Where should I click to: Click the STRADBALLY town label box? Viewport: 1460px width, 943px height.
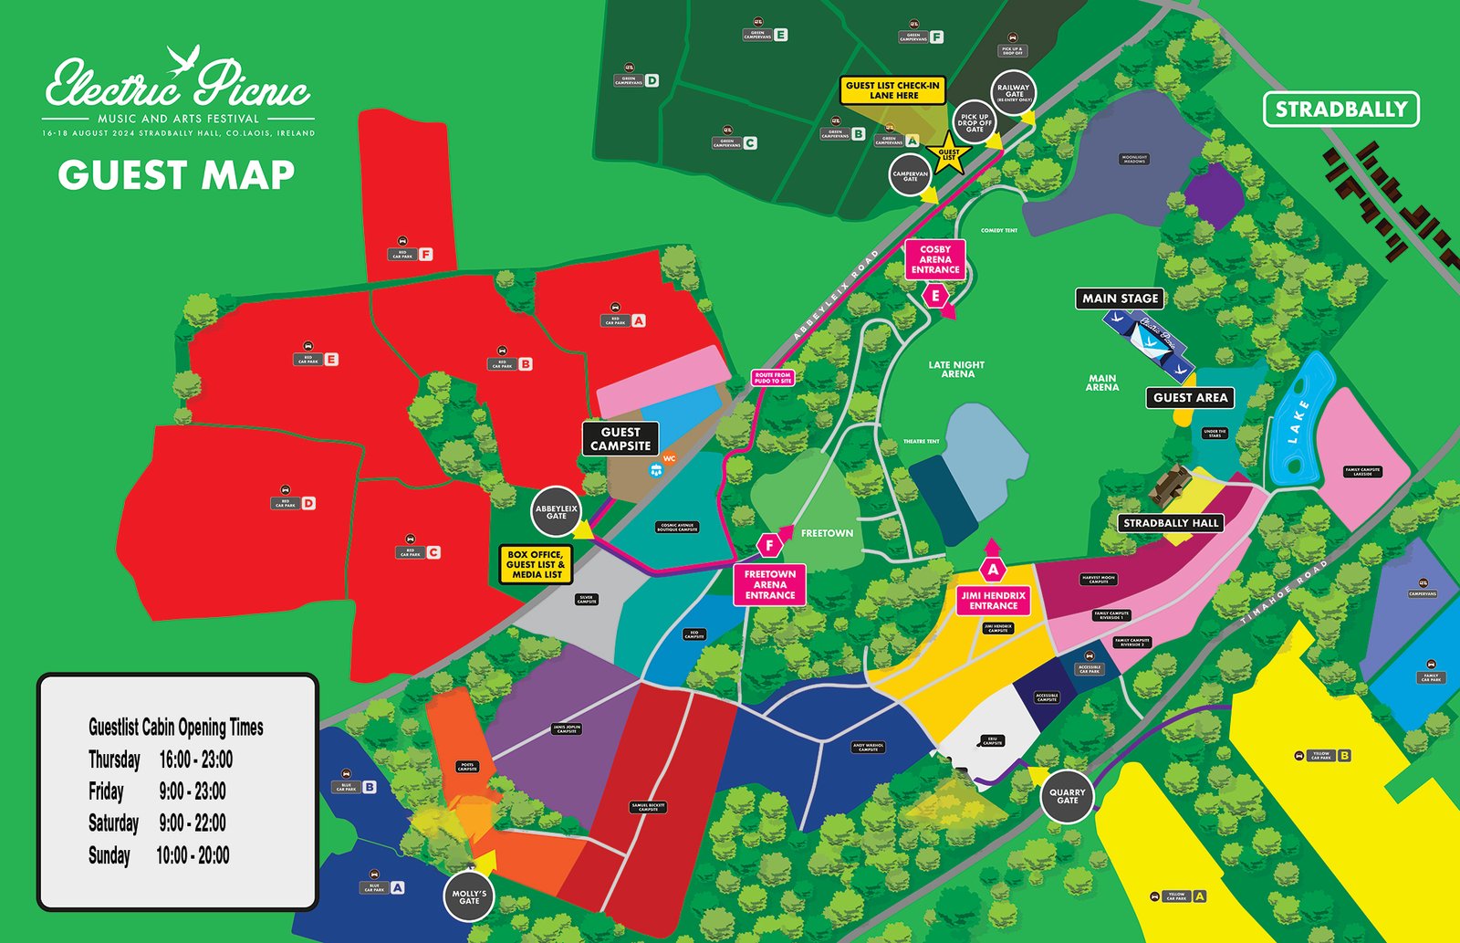(x=1340, y=110)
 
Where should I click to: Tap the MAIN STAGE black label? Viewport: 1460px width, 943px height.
(x=1120, y=299)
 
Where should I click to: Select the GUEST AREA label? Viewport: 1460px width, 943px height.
(x=1190, y=397)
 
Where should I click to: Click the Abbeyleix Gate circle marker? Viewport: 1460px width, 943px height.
(x=556, y=512)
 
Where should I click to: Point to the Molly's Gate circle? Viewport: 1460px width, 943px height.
(x=469, y=897)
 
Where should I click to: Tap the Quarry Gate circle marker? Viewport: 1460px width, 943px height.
(x=1067, y=797)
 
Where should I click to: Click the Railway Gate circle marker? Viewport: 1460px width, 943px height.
(x=1013, y=93)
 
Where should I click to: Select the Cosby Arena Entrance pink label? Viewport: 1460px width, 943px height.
(x=935, y=259)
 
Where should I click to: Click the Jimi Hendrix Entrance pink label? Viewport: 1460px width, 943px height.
(x=993, y=600)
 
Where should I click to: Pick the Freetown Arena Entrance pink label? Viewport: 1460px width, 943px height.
(x=769, y=584)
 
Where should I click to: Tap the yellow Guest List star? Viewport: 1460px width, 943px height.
(x=948, y=154)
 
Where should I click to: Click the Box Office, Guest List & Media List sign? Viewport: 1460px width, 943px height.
(x=536, y=564)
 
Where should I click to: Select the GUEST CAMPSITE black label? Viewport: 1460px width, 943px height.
(x=620, y=439)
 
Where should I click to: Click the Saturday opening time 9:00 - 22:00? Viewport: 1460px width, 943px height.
(x=193, y=823)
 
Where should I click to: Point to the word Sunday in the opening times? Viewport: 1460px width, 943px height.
(x=109, y=855)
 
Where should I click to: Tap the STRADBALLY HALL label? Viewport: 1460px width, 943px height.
(x=1171, y=523)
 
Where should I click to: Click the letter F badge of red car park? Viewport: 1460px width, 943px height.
(x=425, y=255)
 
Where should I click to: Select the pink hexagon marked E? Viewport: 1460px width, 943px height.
(x=935, y=296)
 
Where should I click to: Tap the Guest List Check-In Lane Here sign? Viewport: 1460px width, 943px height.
(x=893, y=90)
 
